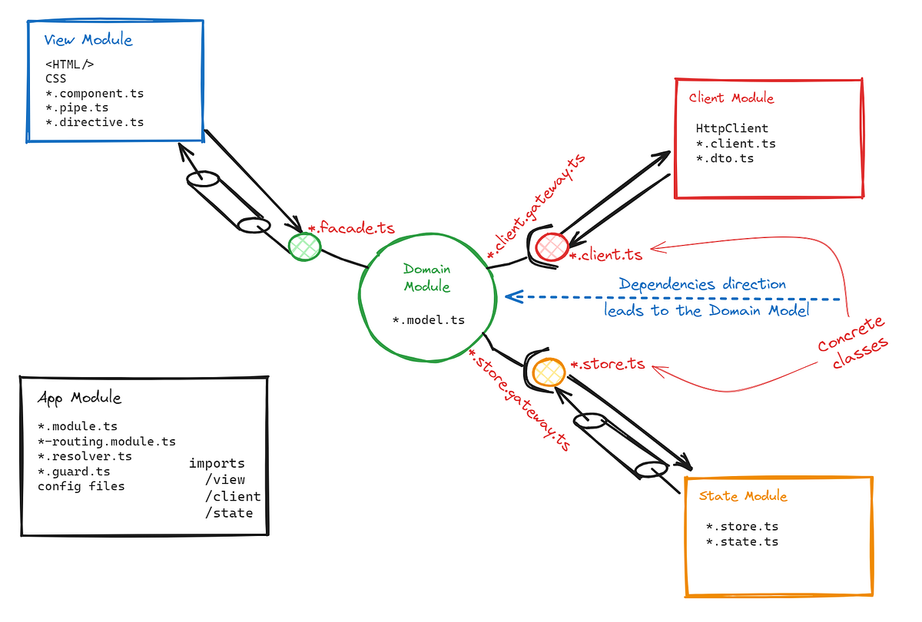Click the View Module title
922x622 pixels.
click(x=88, y=40)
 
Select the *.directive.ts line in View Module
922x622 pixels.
click(x=95, y=122)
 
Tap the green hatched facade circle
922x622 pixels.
click(x=305, y=246)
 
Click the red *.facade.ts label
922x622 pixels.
click(x=351, y=228)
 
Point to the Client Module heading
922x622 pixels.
click(x=731, y=98)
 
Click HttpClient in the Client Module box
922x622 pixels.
click(x=731, y=128)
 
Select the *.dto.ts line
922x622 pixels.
click(x=725, y=158)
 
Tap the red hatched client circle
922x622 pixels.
click(x=551, y=246)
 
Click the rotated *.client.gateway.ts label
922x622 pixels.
click(x=536, y=205)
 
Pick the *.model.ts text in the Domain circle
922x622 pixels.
click(x=429, y=320)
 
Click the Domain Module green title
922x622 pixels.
click(x=427, y=278)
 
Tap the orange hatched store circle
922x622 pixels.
click(x=550, y=372)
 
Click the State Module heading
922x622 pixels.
click(x=743, y=496)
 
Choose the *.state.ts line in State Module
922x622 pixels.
click(x=742, y=541)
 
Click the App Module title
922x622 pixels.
click(x=79, y=398)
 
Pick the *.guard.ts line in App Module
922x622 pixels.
click(x=74, y=471)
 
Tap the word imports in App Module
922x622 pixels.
click(x=217, y=463)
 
